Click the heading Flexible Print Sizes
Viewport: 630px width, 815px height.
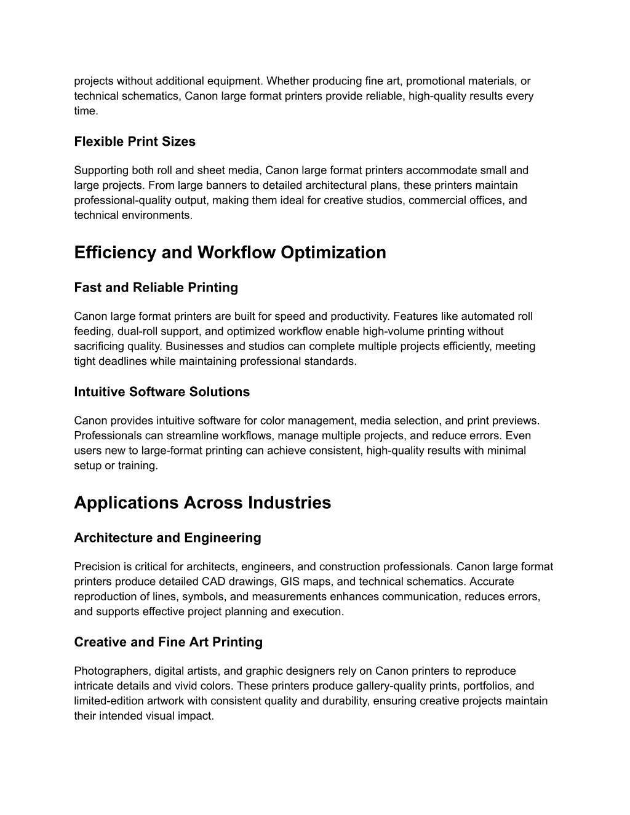pyautogui.click(x=135, y=141)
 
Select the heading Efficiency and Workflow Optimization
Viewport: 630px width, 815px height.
pyautogui.click(x=230, y=252)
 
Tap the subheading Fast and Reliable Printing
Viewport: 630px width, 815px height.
pyautogui.click(x=156, y=287)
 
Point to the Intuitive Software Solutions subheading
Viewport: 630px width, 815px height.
pyautogui.click(x=162, y=392)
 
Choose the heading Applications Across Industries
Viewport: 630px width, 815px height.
pyautogui.click(x=202, y=503)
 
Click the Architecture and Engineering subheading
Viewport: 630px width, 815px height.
pyautogui.click(x=167, y=538)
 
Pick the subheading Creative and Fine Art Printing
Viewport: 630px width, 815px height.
pyautogui.click(x=168, y=642)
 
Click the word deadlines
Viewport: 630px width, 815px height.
pyautogui.click(x=121, y=361)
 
